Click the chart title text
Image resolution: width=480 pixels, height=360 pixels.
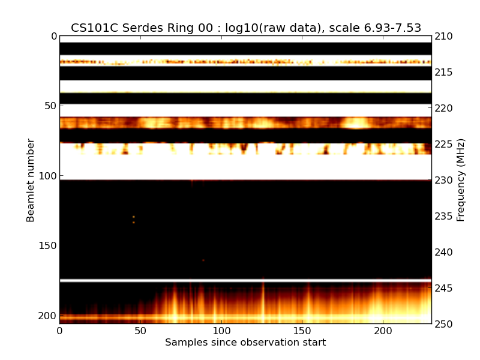246,28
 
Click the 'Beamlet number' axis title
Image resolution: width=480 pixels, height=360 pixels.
31,180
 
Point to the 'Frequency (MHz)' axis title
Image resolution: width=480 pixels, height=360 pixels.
461,180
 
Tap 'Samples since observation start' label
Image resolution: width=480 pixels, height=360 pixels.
245,343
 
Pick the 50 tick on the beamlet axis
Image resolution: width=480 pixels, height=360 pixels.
51,106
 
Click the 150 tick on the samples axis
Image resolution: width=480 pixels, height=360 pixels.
302,331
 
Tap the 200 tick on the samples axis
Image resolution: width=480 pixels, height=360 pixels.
383,331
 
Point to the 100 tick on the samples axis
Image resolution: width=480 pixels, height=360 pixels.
221,331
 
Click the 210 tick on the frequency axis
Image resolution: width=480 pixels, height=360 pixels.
444,37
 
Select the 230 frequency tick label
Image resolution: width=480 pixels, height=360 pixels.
444,180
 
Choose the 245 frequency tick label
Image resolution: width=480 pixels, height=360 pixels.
444,288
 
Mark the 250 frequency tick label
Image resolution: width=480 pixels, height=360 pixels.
444,324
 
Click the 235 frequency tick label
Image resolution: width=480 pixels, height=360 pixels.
444,216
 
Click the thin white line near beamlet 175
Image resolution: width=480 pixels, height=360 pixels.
240,280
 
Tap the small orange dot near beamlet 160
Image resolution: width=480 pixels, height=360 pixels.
203,260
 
